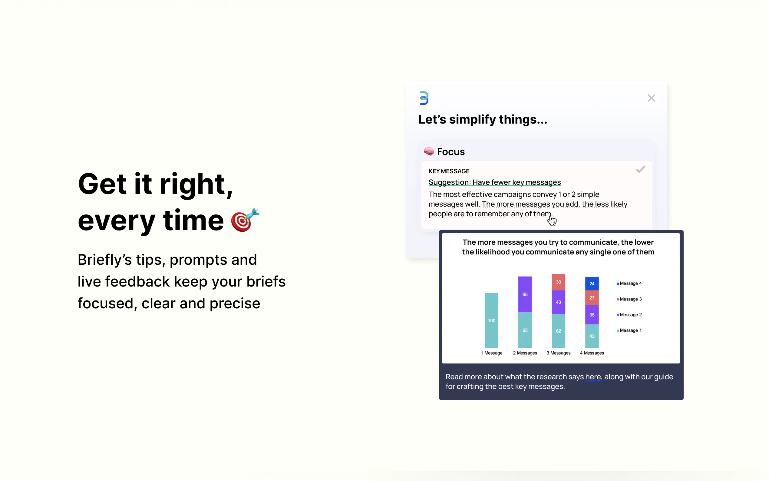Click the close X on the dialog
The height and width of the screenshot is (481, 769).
[x=651, y=98]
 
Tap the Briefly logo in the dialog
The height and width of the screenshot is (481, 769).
[x=424, y=98]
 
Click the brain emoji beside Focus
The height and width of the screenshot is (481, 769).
[x=428, y=151]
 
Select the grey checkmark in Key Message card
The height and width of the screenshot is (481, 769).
[x=640, y=169]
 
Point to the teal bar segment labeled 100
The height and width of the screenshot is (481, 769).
[x=491, y=320]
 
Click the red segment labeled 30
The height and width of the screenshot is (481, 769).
[x=558, y=282]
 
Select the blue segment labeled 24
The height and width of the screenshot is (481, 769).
[x=592, y=284]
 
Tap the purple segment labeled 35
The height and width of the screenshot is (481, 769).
[x=592, y=315]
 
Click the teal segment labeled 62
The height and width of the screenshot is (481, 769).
[x=558, y=331]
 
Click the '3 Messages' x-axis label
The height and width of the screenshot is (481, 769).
[x=558, y=353]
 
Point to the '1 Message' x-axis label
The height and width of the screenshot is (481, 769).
[x=491, y=353]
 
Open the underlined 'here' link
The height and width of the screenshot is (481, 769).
[x=593, y=377]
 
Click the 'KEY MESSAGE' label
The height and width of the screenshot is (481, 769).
[x=449, y=171]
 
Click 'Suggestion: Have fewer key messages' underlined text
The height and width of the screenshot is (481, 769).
[x=495, y=182]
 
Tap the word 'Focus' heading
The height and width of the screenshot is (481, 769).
[x=451, y=152]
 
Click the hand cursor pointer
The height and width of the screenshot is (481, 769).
[x=552, y=220]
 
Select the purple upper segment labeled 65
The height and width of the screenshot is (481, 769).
[x=525, y=294]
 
